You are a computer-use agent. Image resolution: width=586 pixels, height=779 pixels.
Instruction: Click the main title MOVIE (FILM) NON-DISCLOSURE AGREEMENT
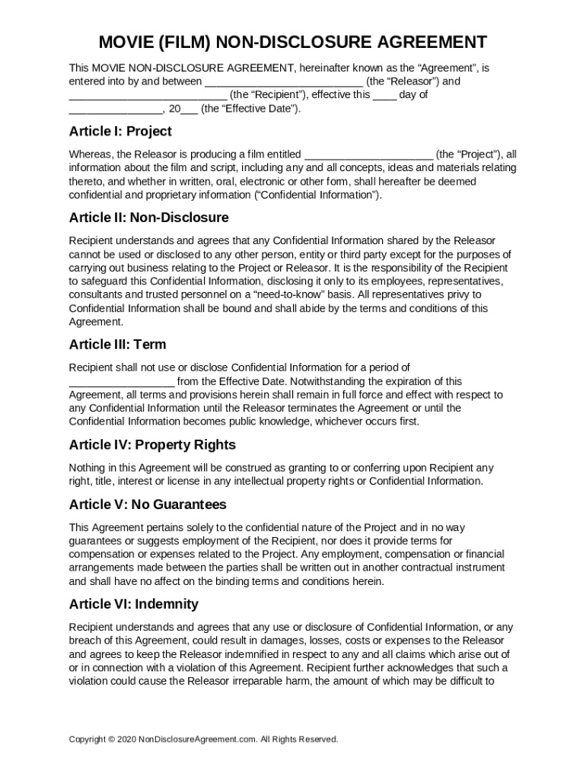(x=293, y=42)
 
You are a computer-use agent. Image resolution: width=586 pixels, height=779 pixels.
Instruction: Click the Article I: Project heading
(x=120, y=131)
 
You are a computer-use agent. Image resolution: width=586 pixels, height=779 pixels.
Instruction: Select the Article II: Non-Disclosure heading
(x=148, y=218)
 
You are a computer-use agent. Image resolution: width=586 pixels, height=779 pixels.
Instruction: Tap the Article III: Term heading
(x=117, y=344)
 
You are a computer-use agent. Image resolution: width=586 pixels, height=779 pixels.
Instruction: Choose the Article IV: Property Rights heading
(x=152, y=444)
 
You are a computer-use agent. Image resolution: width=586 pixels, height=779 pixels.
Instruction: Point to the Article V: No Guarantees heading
(x=148, y=504)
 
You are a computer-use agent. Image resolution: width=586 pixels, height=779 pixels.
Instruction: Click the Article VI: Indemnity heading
(x=133, y=604)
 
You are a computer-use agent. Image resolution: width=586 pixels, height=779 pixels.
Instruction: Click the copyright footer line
(x=203, y=739)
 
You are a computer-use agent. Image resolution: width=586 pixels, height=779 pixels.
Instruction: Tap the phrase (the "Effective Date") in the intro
(x=251, y=109)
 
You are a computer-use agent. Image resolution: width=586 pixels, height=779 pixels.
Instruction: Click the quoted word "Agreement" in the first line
(x=439, y=68)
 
